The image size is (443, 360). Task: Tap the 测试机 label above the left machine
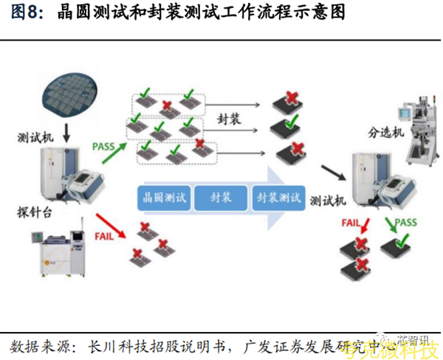pos(35,138)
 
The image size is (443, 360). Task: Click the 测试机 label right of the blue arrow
pos(328,200)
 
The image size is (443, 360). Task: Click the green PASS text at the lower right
pos(405,221)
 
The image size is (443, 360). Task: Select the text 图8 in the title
pos(27,14)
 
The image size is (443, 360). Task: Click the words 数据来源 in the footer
pos(41,344)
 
